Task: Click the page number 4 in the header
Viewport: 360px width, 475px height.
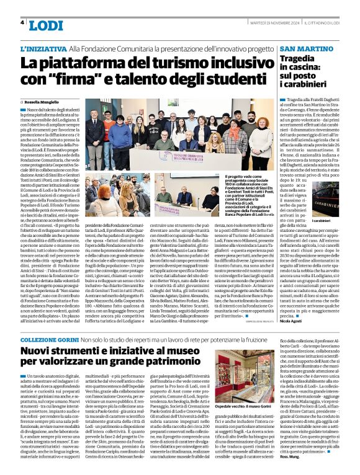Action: pos(23,23)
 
